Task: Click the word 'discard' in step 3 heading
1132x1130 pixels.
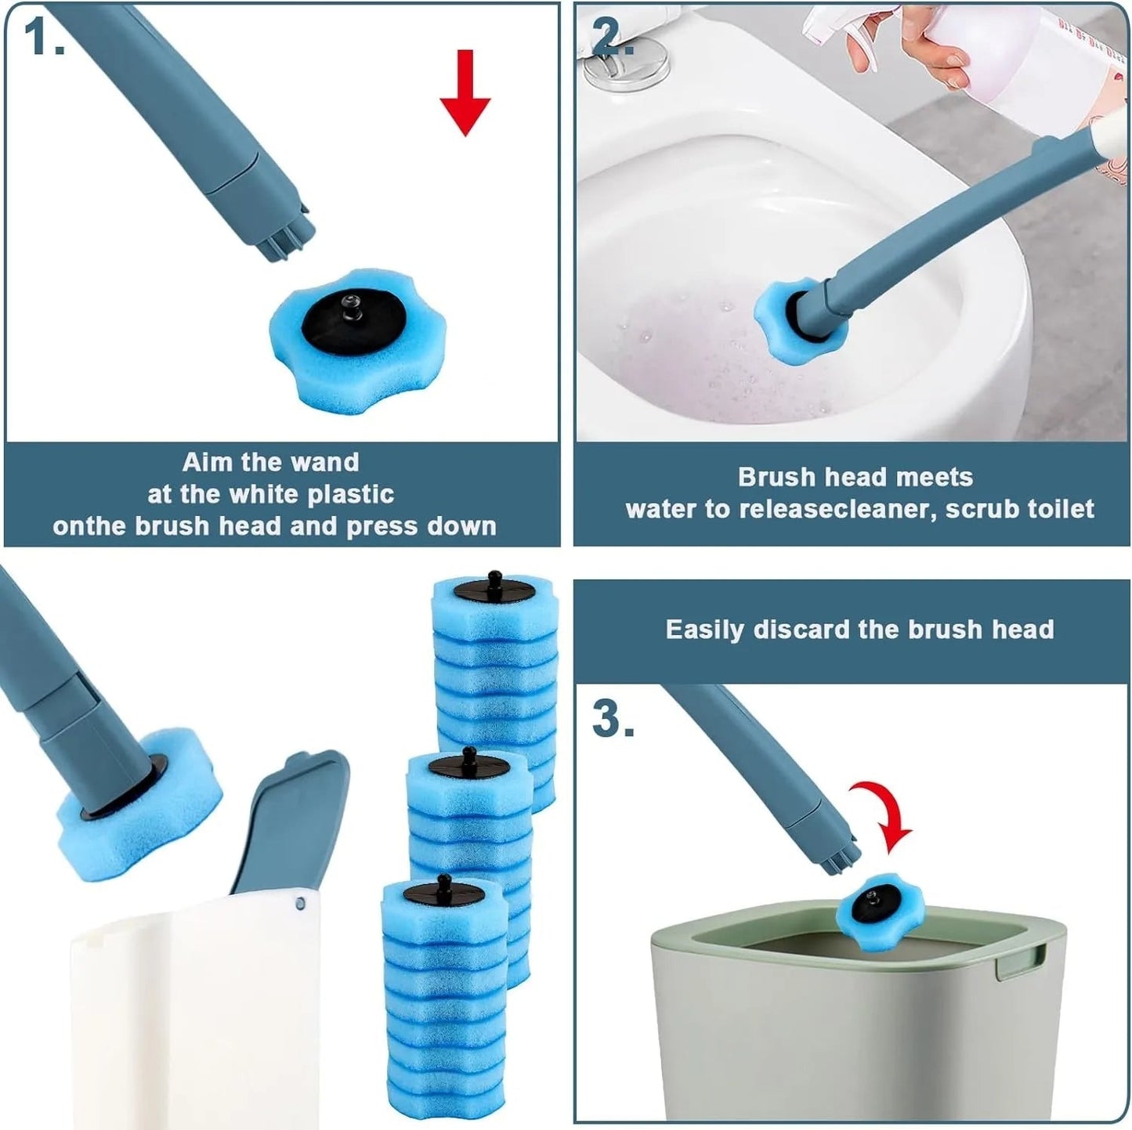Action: pos(797,630)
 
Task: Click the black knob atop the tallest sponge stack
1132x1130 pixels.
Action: pos(494,580)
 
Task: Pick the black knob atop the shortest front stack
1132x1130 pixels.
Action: pos(443,883)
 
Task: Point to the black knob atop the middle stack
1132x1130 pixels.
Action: pos(469,755)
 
